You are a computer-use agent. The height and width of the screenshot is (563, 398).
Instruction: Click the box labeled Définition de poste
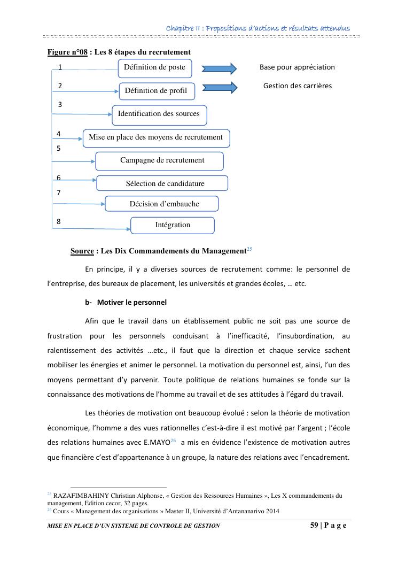[154, 67]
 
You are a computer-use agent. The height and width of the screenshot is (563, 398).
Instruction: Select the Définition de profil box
[156, 91]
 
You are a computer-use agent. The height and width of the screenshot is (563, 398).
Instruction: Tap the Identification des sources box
[159, 114]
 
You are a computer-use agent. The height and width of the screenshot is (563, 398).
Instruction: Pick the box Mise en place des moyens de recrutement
[156, 137]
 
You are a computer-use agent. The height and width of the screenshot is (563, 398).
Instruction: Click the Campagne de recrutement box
[159, 160]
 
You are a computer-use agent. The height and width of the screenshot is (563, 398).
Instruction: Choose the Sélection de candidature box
[162, 183]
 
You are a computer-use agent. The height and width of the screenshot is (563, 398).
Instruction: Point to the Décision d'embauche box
[162, 204]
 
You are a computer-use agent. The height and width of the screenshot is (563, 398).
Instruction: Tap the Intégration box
[172, 225]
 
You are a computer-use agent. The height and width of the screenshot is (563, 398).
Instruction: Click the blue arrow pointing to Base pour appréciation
[218, 68]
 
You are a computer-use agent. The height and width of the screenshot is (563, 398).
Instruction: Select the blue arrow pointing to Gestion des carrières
[219, 88]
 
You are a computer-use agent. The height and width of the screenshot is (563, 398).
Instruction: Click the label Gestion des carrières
[297, 86]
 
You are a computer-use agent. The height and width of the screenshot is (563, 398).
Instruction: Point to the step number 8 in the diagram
[59, 221]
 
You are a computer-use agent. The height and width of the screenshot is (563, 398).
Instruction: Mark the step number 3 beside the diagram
[60, 105]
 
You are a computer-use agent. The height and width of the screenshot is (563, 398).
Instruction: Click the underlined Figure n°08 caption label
[67, 52]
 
